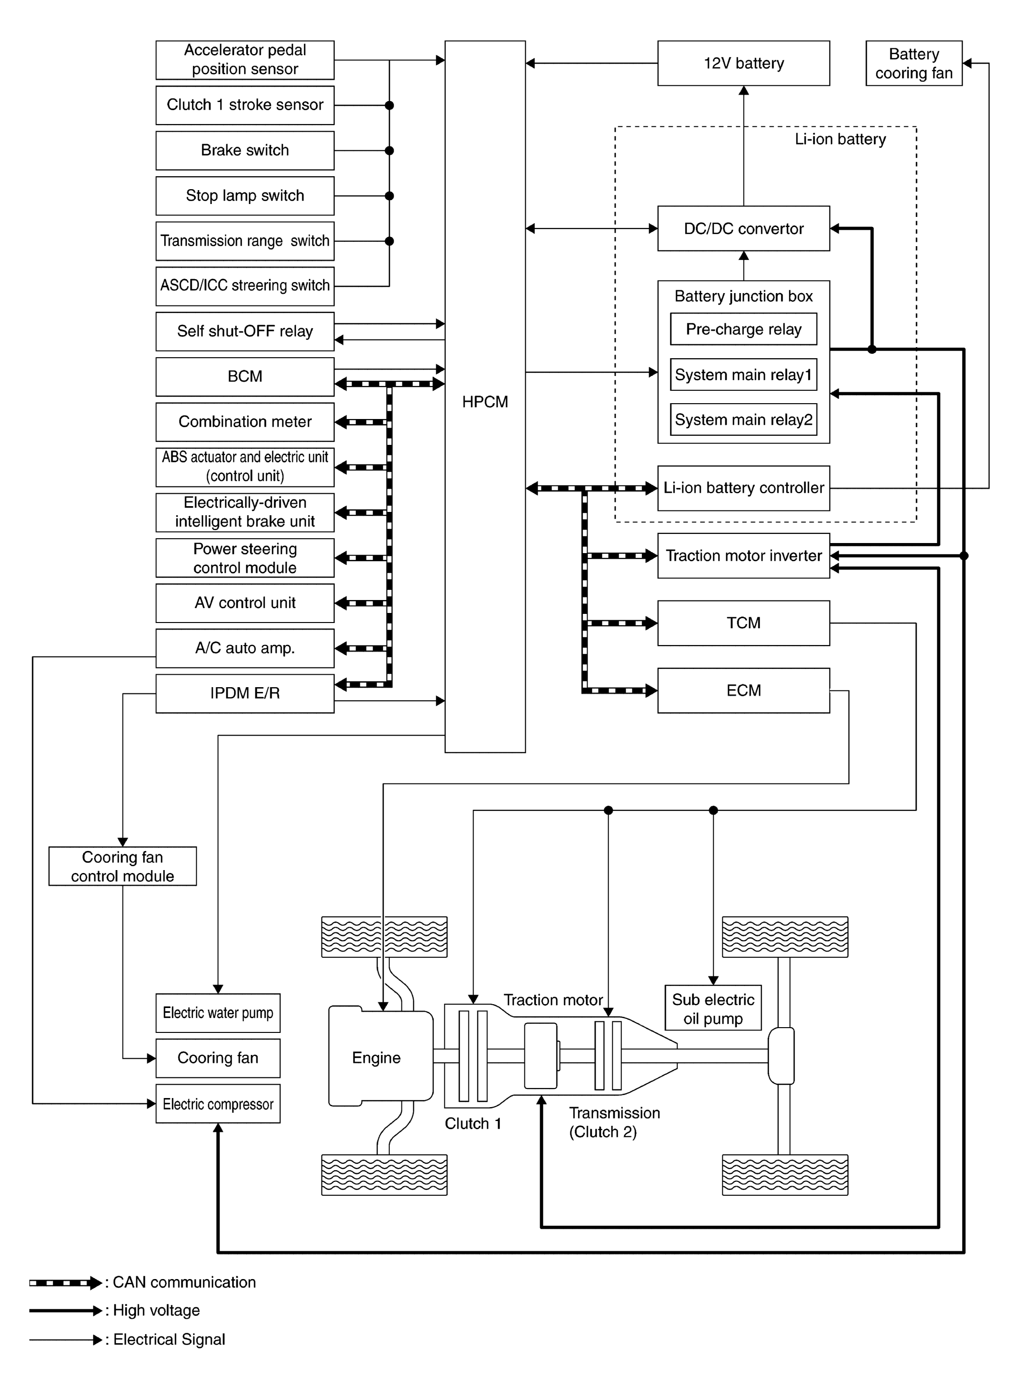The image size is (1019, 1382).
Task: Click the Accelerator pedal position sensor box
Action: tap(245, 60)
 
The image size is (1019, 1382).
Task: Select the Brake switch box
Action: tap(245, 150)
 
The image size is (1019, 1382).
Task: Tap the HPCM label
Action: tap(485, 402)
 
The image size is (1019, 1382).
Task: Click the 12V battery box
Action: tap(743, 63)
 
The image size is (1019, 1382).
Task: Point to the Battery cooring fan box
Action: tap(914, 63)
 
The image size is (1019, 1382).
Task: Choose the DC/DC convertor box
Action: tap(743, 228)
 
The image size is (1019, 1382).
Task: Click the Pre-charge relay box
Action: tap(743, 329)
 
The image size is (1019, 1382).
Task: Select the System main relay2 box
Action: tap(743, 419)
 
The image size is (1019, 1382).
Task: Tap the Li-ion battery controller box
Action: tap(743, 487)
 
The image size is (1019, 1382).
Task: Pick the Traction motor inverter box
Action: tap(743, 555)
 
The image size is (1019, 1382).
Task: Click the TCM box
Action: tap(743, 623)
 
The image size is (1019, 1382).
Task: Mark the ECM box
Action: tap(743, 691)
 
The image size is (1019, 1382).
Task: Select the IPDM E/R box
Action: tap(245, 694)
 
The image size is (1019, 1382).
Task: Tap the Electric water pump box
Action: tap(218, 1013)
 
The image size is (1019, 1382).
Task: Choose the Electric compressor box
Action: tap(218, 1104)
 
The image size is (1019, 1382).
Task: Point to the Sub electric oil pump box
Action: tap(713, 1008)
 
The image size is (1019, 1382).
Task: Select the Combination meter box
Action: tap(245, 421)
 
